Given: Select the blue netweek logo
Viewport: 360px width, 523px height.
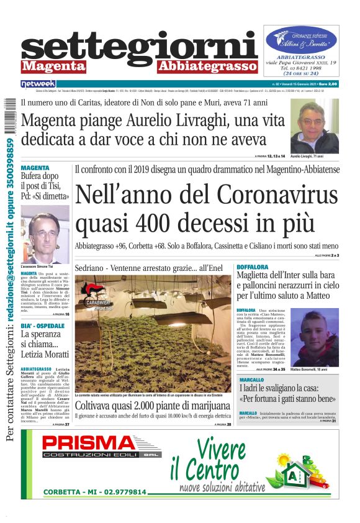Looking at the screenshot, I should coord(38,83).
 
